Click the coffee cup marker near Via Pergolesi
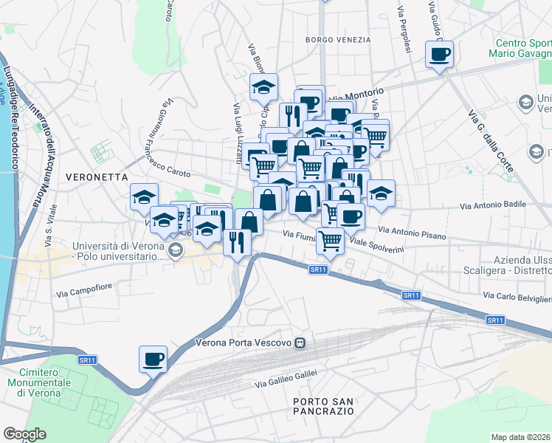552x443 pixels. [440, 54]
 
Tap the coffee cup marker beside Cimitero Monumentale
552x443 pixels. [153, 360]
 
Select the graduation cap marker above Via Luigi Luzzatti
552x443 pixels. [263, 87]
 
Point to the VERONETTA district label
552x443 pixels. [97, 177]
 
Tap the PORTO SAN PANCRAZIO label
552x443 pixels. [322, 405]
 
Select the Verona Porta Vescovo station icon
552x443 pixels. [300, 343]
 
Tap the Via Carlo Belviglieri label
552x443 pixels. [517, 297]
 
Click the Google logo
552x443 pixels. [24, 434]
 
